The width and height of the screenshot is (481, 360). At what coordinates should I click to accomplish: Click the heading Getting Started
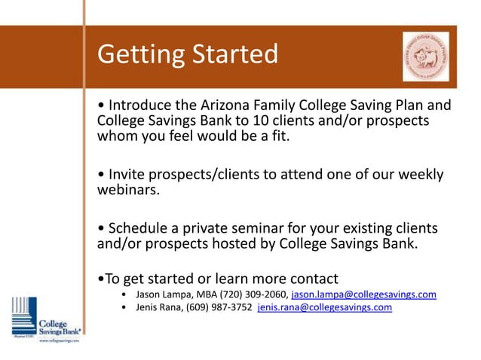click(188, 54)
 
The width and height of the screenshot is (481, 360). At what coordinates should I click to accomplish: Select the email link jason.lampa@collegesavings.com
click(363, 294)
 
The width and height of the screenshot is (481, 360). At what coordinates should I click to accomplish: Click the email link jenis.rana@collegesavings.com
click(324, 307)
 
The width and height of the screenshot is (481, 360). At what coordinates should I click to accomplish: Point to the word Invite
click(128, 175)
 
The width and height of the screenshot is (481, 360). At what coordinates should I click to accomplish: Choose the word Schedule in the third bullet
click(141, 228)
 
